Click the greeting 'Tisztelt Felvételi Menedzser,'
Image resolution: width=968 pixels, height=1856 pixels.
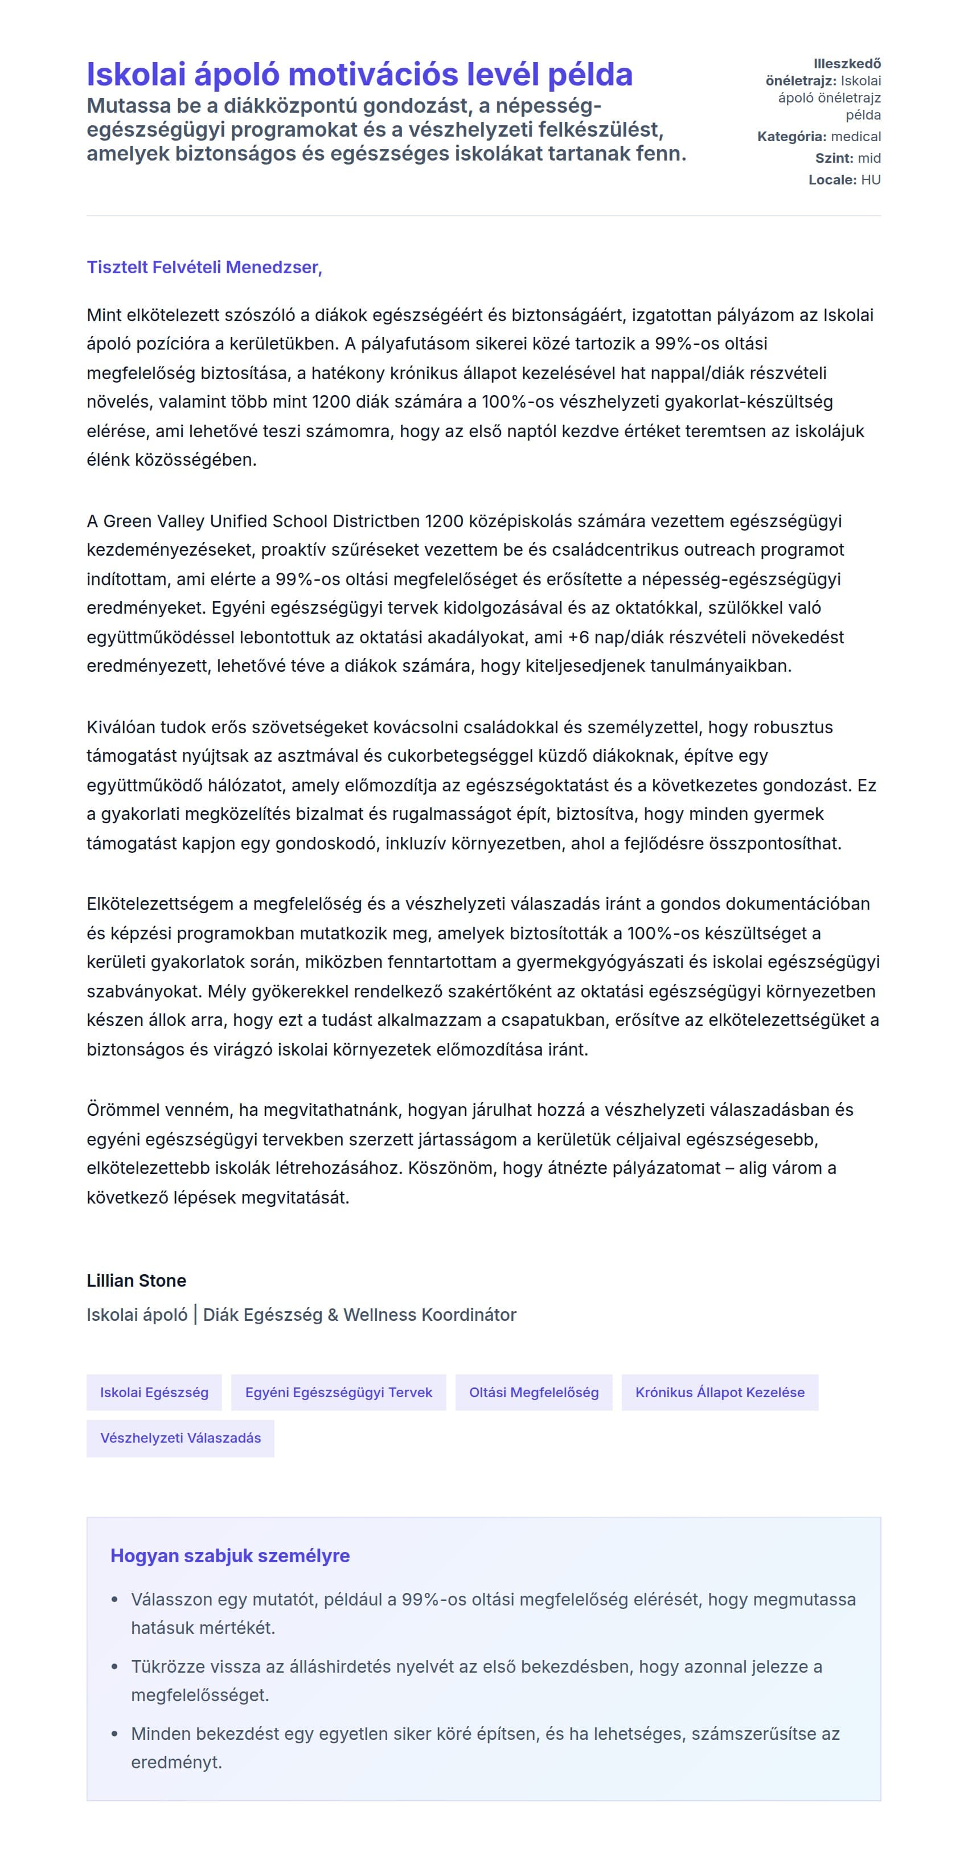click(x=204, y=268)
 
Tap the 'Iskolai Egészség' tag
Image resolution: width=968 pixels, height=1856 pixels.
click(x=154, y=1392)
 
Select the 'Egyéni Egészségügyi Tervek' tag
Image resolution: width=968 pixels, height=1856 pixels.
click(x=338, y=1392)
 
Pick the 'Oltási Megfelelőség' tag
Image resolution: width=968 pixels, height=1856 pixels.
click(x=534, y=1392)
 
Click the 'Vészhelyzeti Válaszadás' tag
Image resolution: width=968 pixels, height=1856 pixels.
click(x=180, y=1438)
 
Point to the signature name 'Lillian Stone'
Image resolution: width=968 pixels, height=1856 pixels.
click(x=136, y=1280)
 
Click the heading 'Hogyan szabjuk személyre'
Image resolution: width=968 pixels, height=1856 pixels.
click(x=230, y=1555)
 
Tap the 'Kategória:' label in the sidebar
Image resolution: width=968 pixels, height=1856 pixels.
click(x=791, y=137)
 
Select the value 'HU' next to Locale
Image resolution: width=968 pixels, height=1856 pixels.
click(x=871, y=180)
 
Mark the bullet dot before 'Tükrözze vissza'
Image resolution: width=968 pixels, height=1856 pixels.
click(x=114, y=1666)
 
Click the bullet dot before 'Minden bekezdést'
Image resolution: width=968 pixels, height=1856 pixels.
click(x=114, y=1734)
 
